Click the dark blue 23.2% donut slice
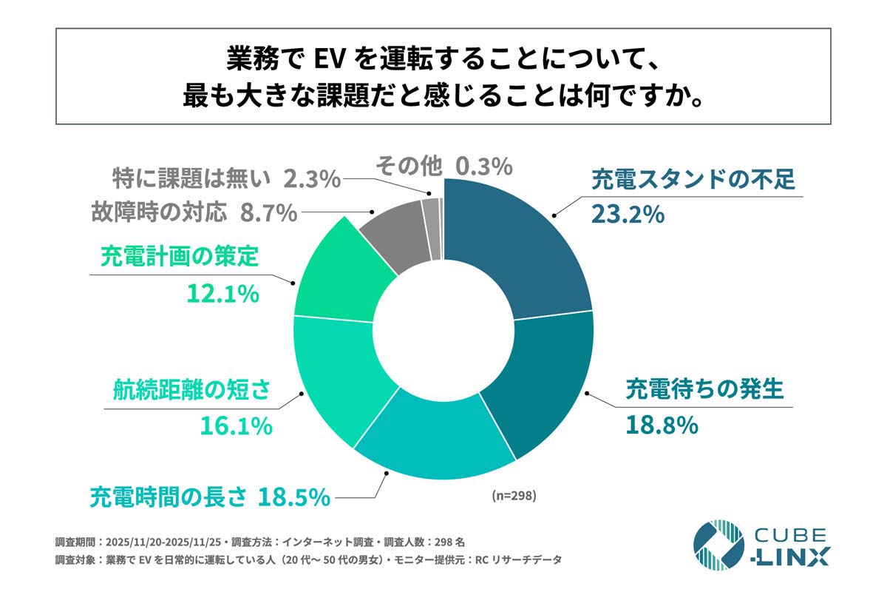point(517,244)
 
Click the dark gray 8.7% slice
point(395,233)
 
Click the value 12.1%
point(222,294)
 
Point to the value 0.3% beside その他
point(483,166)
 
